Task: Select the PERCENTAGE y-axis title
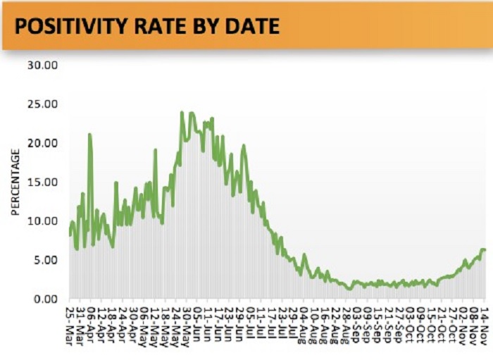tap(15, 182)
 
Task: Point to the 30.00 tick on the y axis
tap(42, 66)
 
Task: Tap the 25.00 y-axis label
tap(42, 104)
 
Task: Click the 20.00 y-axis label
tap(42, 143)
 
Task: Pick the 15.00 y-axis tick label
tap(42, 182)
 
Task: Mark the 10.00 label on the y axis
tap(42, 221)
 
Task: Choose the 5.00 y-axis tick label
tap(45, 260)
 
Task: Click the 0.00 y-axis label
tap(45, 299)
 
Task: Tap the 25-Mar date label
tap(70, 325)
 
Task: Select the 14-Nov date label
tap(485, 325)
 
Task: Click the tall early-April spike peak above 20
tap(89, 135)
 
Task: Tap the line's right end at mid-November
tap(485, 250)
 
